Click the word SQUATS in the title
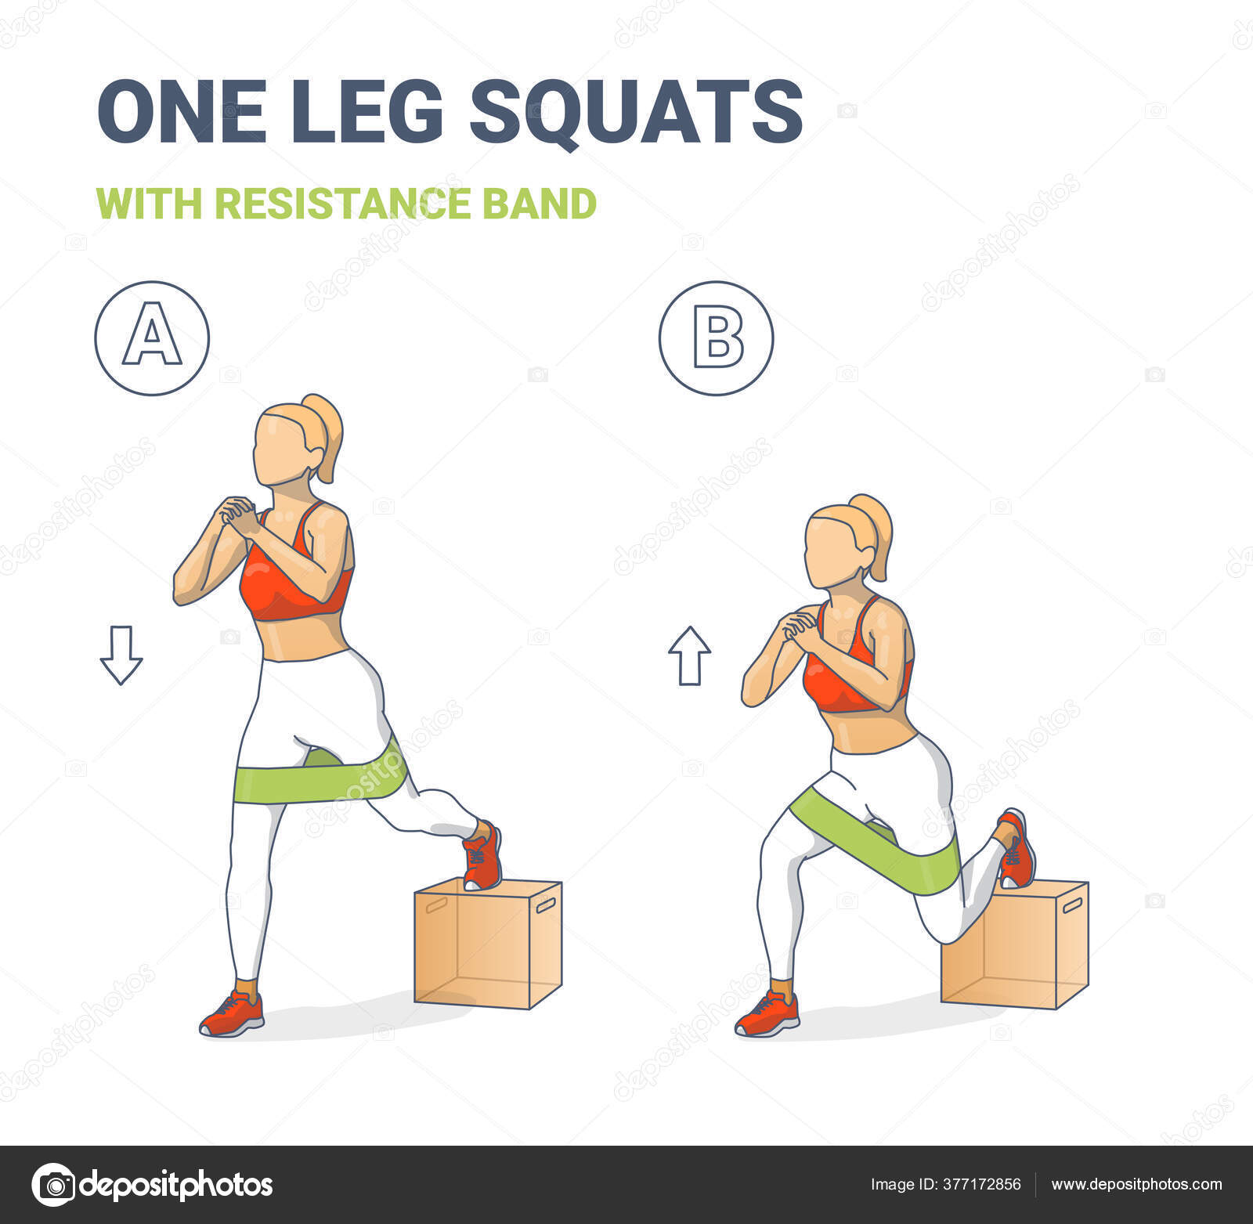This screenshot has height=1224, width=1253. click(x=635, y=112)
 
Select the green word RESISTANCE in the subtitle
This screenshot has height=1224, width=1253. click(x=342, y=204)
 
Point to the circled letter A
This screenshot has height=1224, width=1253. click(x=152, y=338)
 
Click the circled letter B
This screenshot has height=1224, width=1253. click(x=716, y=338)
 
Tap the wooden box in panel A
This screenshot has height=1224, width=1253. click(x=488, y=943)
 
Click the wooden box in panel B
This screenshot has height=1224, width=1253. click(x=1015, y=944)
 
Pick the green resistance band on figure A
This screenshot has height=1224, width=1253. click(x=321, y=776)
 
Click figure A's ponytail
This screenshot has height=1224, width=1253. click(x=326, y=435)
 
